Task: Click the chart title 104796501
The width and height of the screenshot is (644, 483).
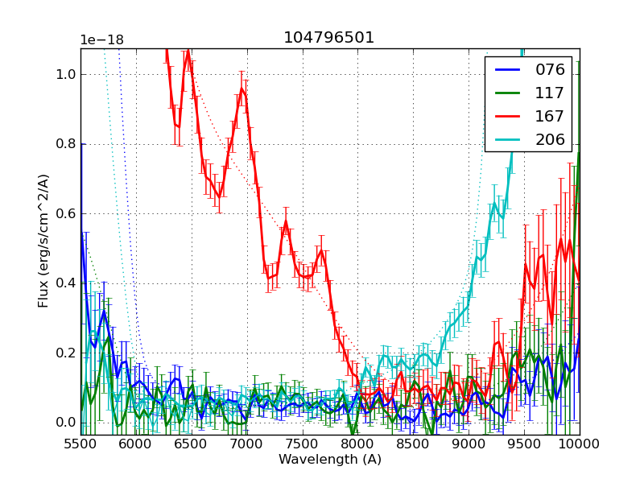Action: point(328,38)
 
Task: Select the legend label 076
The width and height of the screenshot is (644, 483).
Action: point(550,70)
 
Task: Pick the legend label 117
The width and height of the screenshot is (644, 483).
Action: point(550,93)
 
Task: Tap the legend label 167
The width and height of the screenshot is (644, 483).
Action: point(550,117)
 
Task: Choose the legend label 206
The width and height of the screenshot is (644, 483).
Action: point(550,140)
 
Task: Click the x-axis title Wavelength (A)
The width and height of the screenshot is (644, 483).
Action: point(330,460)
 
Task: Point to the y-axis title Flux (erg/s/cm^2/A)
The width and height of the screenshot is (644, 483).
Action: point(43,241)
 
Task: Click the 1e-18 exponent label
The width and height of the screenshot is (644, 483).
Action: point(101,40)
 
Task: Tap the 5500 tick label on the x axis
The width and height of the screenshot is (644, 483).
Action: point(80,444)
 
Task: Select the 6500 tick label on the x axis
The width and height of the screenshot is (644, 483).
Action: point(192,444)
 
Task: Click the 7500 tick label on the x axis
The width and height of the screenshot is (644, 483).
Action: point(303,444)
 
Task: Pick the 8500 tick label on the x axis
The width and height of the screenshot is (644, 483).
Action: point(413,444)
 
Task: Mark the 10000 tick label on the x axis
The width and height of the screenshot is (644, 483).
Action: point(579,444)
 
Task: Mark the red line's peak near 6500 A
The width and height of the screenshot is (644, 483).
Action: point(188,52)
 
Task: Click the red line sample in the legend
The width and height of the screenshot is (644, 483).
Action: point(509,117)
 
